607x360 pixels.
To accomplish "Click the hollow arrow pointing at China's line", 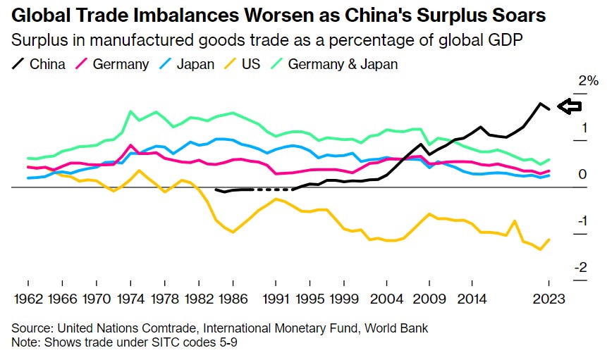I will pos(568,106).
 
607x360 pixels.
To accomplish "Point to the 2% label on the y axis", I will pos(577,82).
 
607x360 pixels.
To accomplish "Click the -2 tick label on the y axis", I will pos(582,268).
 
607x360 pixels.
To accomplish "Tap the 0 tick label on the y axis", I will pos(582,174).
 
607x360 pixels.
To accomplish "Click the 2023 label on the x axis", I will pos(549,299).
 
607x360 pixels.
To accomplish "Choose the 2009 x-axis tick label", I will pos(429,299).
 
